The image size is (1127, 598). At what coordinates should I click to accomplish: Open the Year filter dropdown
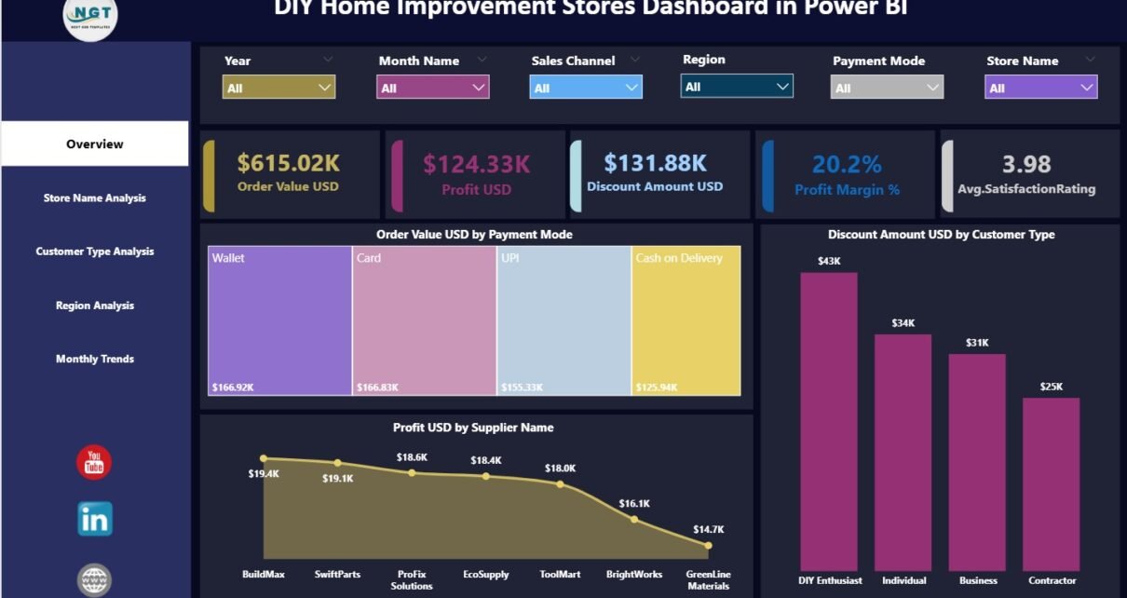pos(278,88)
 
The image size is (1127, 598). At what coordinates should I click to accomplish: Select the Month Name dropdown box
pos(432,88)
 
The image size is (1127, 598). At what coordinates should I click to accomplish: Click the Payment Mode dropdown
pos(886,88)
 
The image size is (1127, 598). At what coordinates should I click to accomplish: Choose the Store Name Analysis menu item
pos(94,198)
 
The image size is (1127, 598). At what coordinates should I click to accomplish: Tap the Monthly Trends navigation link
pos(94,360)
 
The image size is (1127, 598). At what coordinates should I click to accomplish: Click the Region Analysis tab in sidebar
pos(94,306)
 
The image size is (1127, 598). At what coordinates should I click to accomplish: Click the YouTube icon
pos(94,463)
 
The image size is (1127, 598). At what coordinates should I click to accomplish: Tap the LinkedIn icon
pos(94,519)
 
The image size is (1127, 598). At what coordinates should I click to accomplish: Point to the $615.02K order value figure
pos(288,164)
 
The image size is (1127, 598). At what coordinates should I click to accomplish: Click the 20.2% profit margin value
pos(846,165)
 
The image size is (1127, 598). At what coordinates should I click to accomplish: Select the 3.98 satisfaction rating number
pos(1026,165)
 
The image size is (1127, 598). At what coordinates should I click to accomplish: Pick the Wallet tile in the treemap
pos(279,321)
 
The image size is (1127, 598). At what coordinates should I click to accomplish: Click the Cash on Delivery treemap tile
pos(686,321)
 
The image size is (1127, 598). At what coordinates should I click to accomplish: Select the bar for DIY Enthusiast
pos(828,421)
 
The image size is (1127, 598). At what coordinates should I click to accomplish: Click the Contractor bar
pos(1051,484)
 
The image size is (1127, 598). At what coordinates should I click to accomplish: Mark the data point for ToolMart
pos(560,484)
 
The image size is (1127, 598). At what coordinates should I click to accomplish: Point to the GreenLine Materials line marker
pos(708,546)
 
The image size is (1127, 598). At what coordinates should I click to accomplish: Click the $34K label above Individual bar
pos(903,323)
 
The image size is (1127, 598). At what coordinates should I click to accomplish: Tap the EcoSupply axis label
pos(485,575)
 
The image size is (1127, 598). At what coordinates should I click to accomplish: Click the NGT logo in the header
pos(90,17)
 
